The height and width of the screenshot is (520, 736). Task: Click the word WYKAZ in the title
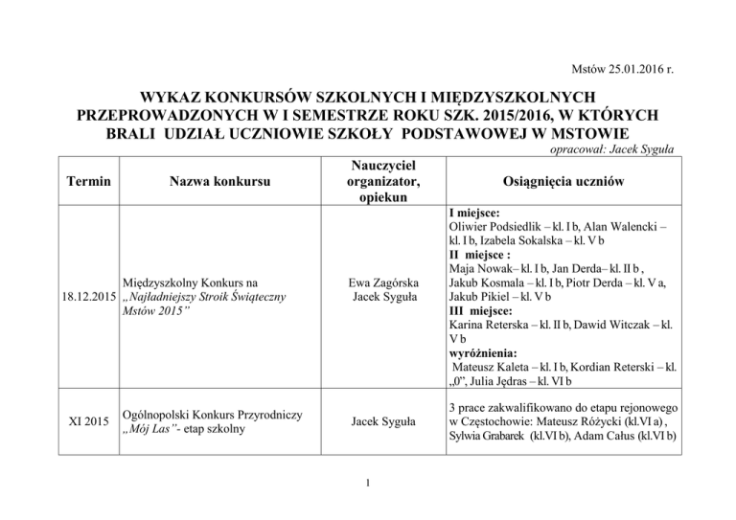[x=178, y=97]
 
